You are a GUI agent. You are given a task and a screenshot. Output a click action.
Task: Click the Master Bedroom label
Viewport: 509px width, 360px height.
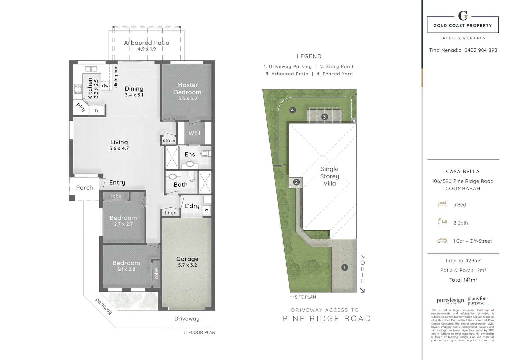click(188, 89)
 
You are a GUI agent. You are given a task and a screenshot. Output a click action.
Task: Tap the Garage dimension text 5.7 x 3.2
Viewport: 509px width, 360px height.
click(187, 265)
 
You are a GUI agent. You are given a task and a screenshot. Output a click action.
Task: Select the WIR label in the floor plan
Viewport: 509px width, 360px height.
click(194, 133)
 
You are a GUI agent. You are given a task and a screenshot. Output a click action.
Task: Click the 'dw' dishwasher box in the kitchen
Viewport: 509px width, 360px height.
click(105, 86)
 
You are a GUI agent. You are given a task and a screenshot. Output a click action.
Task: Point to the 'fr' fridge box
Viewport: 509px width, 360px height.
click(97, 111)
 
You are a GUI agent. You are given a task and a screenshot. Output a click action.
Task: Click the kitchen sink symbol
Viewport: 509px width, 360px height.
click(91, 69)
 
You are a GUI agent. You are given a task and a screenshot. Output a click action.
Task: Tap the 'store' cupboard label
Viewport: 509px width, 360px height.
click(169, 141)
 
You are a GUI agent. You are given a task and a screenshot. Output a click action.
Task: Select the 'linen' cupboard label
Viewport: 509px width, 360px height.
click(171, 213)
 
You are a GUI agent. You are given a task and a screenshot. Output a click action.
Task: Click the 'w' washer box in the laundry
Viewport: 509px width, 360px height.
click(207, 210)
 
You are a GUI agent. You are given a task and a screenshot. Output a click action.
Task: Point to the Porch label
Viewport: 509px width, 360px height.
click(84, 188)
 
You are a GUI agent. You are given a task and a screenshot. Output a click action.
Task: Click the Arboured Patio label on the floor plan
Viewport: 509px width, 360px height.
click(147, 43)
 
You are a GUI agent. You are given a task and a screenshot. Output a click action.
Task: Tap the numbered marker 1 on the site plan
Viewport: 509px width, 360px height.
click(344, 267)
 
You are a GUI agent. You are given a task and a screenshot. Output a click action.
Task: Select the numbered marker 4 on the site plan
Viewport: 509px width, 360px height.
click(293, 110)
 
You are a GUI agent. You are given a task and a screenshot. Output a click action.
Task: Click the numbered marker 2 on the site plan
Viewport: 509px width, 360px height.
click(296, 182)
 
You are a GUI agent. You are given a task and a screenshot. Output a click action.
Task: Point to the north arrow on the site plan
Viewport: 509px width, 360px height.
click(362, 290)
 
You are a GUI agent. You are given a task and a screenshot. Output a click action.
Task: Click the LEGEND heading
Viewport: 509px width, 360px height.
click(309, 57)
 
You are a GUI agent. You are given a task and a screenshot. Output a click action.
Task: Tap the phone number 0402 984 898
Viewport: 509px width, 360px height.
click(481, 50)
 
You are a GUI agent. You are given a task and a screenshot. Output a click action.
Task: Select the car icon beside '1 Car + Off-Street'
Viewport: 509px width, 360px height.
click(442, 240)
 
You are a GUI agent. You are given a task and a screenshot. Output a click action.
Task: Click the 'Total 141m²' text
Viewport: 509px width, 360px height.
click(463, 280)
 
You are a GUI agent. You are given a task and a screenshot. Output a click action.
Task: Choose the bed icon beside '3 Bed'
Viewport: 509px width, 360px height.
click(442, 204)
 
